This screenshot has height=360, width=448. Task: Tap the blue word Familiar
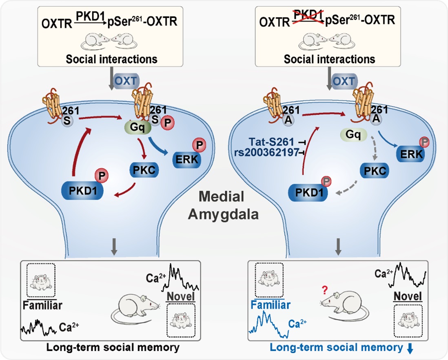tap(270, 305)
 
